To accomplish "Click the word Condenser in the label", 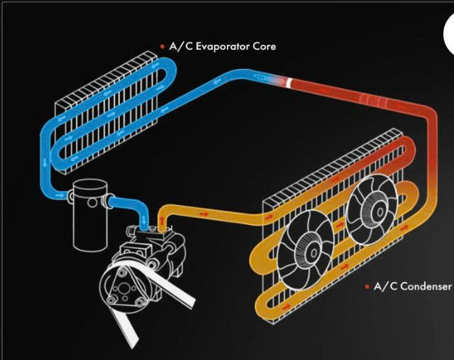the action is (426, 286).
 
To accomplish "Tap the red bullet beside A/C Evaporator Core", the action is (162, 46).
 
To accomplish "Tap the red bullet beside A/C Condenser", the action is (367, 287).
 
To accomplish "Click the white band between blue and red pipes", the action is (289, 82).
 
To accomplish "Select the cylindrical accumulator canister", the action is (90, 214).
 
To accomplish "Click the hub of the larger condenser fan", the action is (314, 253).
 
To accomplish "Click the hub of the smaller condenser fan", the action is (380, 212).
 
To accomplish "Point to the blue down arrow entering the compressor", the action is (144, 222).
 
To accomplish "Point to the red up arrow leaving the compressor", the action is (162, 222).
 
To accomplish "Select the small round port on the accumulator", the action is (92, 202).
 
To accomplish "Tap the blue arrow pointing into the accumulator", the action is (60, 196).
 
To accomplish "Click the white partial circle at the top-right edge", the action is (449, 34).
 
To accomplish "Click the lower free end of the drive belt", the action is (132, 343).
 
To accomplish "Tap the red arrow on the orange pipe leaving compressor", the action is (204, 214).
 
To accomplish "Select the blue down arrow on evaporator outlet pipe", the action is (45, 163).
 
